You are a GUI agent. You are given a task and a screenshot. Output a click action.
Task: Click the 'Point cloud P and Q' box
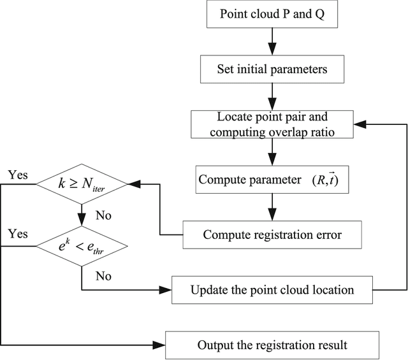[x=272, y=15]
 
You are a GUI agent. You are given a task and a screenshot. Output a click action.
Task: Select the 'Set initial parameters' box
[x=272, y=69]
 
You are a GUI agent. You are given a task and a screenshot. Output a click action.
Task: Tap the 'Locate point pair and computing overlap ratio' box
[x=272, y=125]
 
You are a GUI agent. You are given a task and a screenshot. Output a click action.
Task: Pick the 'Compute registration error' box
[x=272, y=235]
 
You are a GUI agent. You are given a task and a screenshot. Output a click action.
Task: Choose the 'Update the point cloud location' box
[x=272, y=290]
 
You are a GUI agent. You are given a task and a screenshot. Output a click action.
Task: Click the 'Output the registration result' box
[x=272, y=345]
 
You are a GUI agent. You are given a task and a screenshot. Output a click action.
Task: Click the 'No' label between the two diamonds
[x=103, y=216]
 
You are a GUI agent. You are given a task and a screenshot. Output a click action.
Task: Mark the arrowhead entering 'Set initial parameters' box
[x=272, y=53]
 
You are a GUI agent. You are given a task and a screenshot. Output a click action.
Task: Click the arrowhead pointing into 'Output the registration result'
[x=160, y=345]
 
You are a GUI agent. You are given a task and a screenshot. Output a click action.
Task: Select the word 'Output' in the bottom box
[x=214, y=345]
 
